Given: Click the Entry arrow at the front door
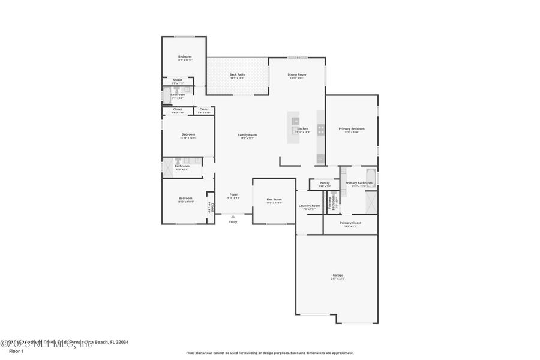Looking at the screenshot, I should coord(233,217).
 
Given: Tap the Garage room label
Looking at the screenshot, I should coord(338,275).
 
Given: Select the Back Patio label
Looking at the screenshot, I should coord(237,74).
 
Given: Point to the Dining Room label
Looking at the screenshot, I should coord(297,74).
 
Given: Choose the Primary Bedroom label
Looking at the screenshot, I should coord(351,128).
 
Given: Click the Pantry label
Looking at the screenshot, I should coord(325,183).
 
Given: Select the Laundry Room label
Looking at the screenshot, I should coord(309,205).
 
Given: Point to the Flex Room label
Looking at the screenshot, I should coord(274,199).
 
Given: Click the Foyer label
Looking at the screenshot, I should coord(233,194).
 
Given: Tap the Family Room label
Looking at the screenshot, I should coord(247,134).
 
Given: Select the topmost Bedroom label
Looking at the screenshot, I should coord(184,56).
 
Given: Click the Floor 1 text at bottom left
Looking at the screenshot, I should coord(16,350).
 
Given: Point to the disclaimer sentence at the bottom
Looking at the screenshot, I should coord(269,353).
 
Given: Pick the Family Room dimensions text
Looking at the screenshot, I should coord(247,139).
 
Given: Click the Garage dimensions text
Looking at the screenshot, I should coord(338,279).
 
